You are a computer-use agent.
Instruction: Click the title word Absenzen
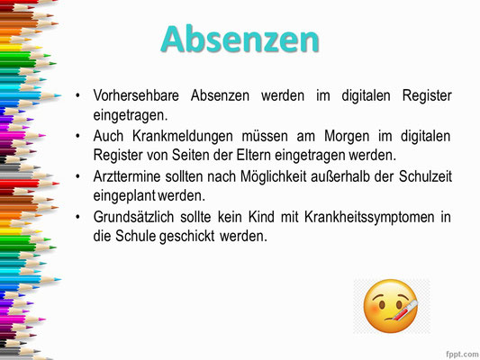click(x=240, y=40)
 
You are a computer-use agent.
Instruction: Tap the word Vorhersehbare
click(x=136, y=95)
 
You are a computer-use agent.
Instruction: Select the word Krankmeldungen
click(x=183, y=136)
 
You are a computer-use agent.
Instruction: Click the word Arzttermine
click(x=127, y=176)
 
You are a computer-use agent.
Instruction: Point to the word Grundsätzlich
click(x=133, y=217)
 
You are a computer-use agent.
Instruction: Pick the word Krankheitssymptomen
click(x=369, y=218)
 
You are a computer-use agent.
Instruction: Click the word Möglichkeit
click(x=274, y=176)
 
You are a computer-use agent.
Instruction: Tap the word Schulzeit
click(x=425, y=176)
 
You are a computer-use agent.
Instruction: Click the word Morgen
click(x=347, y=137)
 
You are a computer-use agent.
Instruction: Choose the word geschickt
click(x=186, y=236)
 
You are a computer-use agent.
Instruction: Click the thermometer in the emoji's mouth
click(x=402, y=311)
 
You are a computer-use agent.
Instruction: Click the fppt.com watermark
click(x=462, y=355)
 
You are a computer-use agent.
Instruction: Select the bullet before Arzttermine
click(x=77, y=176)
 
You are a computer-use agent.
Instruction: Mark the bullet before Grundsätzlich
click(x=77, y=217)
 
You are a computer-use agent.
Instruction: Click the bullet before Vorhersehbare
click(x=77, y=95)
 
